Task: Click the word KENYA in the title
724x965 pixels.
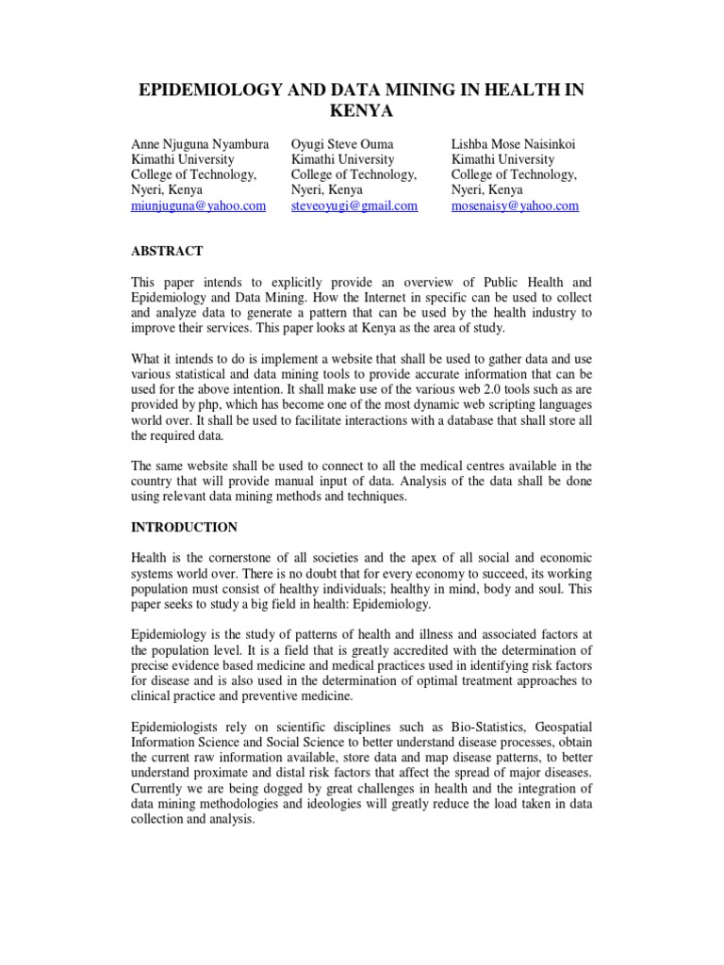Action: (362, 111)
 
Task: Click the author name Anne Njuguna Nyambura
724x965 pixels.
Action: (200, 144)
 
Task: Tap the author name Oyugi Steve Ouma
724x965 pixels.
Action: (342, 144)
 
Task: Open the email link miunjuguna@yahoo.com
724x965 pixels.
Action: (198, 206)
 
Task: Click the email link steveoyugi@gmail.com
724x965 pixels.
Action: (354, 206)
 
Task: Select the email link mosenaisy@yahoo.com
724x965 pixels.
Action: (515, 206)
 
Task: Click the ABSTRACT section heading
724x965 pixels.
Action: (166, 251)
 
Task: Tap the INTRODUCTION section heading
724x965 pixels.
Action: (184, 527)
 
